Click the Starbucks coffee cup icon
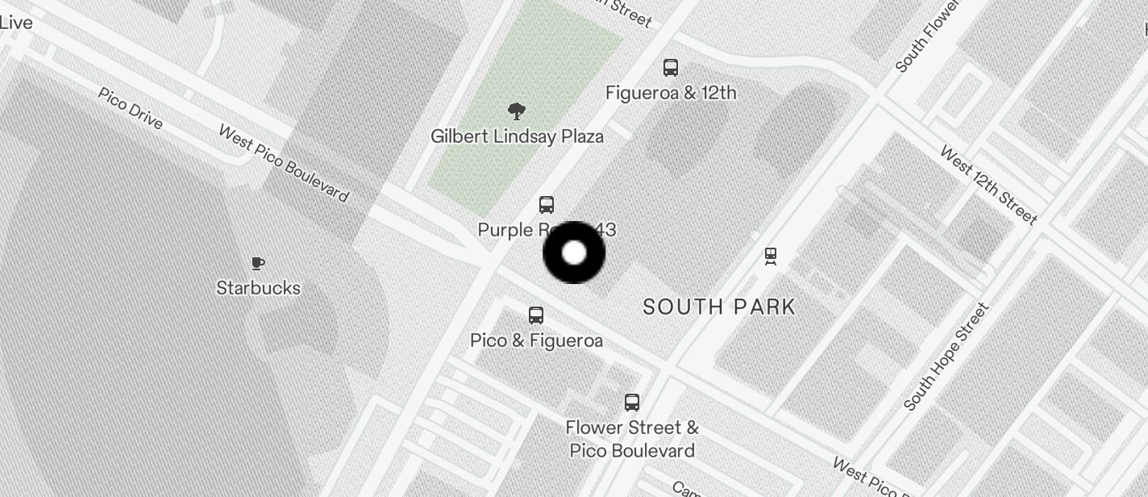point(258,263)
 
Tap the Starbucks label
point(258,288)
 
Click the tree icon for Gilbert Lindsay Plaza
point(517,111)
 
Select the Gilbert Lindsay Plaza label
point(517,136)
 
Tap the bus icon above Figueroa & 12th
point(671,68)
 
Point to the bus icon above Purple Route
point(547,205)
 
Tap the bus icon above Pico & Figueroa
point(536,315)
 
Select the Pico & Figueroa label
point(536,340)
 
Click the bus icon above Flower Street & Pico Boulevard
point(632,402)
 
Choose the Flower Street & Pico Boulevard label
point(632,438)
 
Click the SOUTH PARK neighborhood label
point(719,307)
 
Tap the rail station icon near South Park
point(771,257)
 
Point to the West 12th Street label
point(988,186)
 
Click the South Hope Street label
point(946,357)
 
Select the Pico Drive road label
point(131,108)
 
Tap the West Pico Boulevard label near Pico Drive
point(284,164)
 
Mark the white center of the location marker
point(574,253)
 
